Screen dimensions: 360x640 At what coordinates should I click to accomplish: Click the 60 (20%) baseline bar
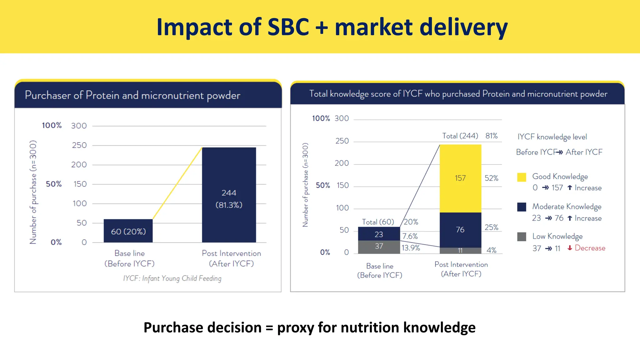tap(128, 231)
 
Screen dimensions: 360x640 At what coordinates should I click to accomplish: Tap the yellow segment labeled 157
tap(460, 178)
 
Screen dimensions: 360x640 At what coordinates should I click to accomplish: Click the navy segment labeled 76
tap(460, 230)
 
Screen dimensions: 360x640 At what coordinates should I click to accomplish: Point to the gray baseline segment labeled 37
tap(379, 247)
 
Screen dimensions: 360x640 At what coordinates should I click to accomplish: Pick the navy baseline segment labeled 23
tap(379, 234)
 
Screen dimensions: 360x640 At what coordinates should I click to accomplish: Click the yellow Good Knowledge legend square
tap(522, 177)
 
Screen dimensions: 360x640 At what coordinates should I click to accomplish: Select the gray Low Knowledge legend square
tap(522, 237)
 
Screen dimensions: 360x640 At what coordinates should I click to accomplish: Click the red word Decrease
tap(590, 248)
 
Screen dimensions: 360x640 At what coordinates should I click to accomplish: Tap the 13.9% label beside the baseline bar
tap(411, 248)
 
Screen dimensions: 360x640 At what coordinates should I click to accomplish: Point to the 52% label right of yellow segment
tap(491, 178)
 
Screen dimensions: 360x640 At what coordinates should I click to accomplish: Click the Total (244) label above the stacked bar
tap(460, 136)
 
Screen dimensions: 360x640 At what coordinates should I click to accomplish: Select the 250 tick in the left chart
tap(79, 145)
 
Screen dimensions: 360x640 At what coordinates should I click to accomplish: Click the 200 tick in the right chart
tap(342, 163)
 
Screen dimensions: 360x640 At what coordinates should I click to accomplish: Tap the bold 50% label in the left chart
tap(54, 184)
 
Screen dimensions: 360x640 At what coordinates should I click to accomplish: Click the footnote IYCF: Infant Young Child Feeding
tap(172, 278)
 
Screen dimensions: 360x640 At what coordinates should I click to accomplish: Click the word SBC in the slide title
tap(288, 27)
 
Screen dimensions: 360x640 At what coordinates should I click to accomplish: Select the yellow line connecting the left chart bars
tap(177, 183)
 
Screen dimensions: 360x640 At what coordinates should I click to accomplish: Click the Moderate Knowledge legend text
tap(567, 207)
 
